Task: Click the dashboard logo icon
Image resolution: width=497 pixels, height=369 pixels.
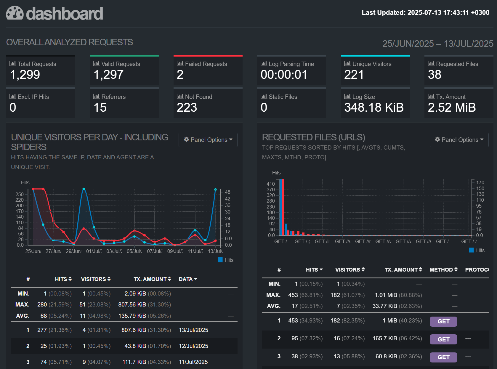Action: tap(15, 13)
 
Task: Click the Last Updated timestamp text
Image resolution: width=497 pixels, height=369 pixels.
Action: tap(425, 13)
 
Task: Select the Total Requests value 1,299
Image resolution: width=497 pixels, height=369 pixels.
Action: tap(25, 75)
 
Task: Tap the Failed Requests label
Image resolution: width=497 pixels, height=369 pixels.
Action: tap(206, 64)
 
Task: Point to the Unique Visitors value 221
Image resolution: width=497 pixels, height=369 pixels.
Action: tap(354, 75)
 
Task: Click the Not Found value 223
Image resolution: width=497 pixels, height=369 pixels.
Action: tap(187, 108)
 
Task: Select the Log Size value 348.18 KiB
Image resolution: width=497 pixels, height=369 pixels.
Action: tap(373, 108)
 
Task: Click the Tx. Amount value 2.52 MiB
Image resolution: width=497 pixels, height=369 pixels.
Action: tap(451, 108)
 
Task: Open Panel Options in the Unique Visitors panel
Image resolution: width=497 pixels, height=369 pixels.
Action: tap(208, 140)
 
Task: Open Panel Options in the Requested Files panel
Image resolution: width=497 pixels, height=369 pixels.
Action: tap(459, 140)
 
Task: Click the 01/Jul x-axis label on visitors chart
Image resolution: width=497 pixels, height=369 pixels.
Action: tap(94, 251)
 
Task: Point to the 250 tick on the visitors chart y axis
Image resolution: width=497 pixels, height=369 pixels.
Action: tap(20, 194)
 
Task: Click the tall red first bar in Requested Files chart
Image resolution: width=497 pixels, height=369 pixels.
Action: tap(283, 207)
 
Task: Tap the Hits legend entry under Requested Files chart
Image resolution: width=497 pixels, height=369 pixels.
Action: tap(477, 250)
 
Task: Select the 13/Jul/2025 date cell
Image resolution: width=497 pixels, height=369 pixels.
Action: tap(193, 330)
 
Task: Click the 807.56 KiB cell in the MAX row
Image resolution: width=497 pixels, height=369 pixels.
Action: tap(132, 305)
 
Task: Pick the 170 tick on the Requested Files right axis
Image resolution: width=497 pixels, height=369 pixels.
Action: tap(480, 182)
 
